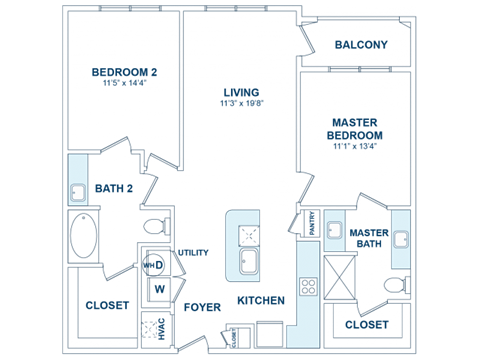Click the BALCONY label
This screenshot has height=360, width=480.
tap(361, 45)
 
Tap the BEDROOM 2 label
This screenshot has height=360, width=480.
tap(125, 73)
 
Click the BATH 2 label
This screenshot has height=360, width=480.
tap(114, 187)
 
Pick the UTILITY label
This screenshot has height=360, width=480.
tap(193, 252)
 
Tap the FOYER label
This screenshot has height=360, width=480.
tap(202, 307)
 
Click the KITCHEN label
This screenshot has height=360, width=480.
tap(261, 300)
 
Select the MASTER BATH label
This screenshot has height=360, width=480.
tap(369, 238)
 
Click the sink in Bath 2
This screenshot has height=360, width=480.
tap(78, 191)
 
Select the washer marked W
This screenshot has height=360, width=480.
tap(158, 287)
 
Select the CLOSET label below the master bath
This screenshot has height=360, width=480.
tap(367, 325)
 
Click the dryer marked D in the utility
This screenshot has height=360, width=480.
tap(155, 264)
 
